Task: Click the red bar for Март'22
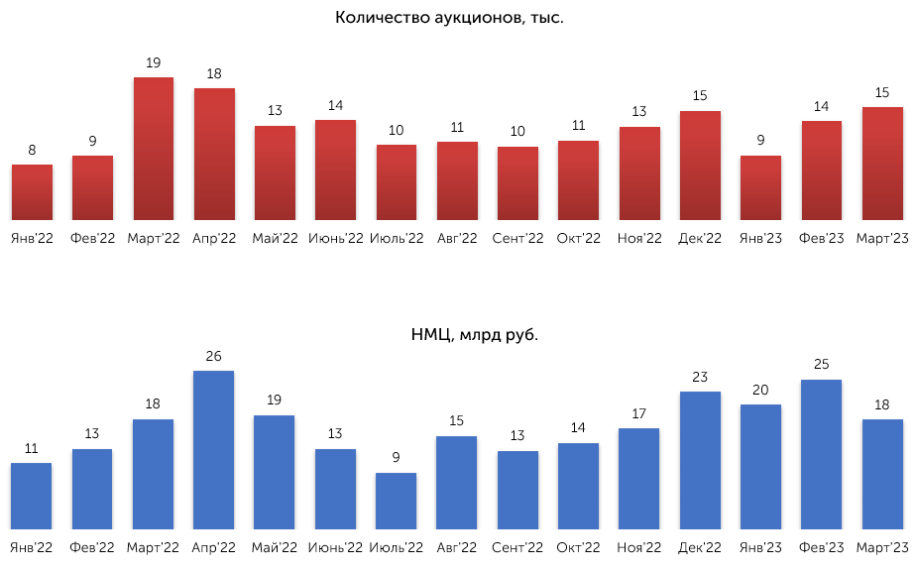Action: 154,149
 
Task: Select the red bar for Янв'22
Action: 32,192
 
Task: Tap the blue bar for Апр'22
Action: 214,450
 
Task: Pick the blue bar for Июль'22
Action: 397,501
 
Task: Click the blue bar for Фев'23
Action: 822,455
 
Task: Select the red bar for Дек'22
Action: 700,166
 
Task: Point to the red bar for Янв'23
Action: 760,187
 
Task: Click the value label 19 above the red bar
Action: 153,62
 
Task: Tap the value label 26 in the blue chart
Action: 214,356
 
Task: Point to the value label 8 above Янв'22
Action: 32,151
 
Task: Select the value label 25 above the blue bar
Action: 822,364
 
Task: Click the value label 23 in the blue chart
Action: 700,377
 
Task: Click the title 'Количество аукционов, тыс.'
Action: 449,18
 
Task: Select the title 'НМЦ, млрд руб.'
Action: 474,335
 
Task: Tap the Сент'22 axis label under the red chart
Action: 517,239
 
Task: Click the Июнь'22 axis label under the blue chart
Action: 335,547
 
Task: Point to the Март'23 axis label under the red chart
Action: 882,239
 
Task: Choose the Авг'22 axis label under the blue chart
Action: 457,547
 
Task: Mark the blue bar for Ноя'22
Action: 639,479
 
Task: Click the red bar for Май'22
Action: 276,173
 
